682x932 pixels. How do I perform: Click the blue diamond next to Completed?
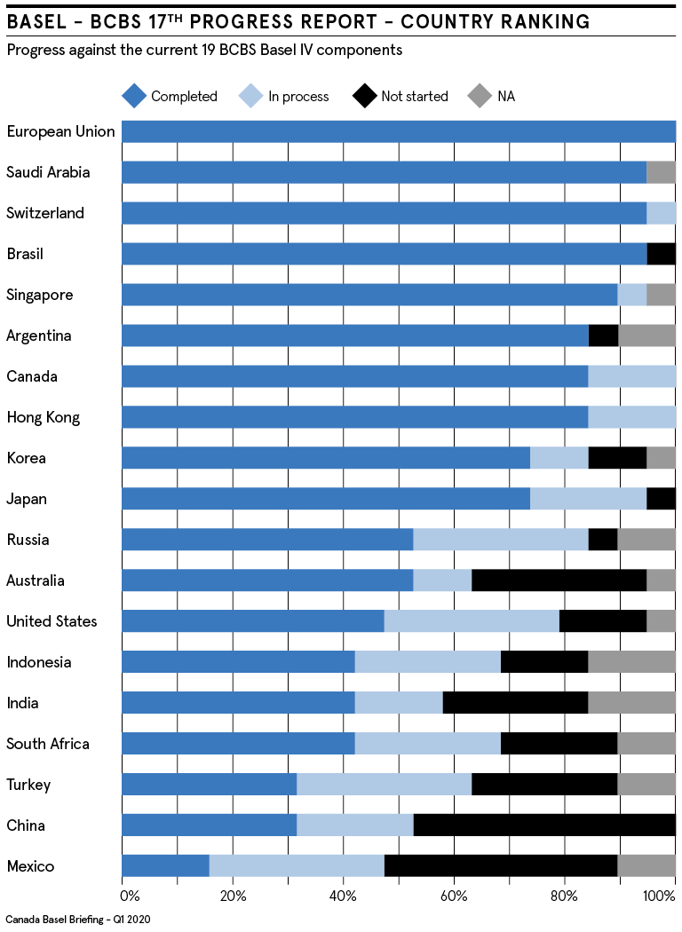click(x=133, y=96)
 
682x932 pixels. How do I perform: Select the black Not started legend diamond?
click(x=364, y=96)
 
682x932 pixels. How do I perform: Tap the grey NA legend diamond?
click(x=480, y=96)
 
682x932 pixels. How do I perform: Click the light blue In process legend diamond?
click(x=250, y=96)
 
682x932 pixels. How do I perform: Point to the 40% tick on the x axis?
click(x=344, y=895)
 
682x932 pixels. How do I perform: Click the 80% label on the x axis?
click(x=565, y=895)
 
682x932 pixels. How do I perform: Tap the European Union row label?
click(x=60, y=131)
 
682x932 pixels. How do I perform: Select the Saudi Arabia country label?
click(x=48, y=172)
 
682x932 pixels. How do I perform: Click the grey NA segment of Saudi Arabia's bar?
click(x=661, y=172)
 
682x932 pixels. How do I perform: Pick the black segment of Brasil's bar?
click(x=661, y=254)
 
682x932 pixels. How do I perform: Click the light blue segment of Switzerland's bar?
click(x=661, y=213)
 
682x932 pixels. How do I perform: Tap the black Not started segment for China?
click(x=544, y=825)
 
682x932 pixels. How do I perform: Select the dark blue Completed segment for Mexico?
click(x=165, y=866)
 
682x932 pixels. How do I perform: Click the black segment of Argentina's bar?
click(x=603, y=336)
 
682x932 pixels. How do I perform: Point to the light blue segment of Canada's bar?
click(x=631, y=376)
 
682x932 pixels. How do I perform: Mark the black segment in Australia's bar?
click(x=559, y=581)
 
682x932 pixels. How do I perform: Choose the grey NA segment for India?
click(x=631, y=703)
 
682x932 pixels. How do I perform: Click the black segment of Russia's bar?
click(x=603, y=540)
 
